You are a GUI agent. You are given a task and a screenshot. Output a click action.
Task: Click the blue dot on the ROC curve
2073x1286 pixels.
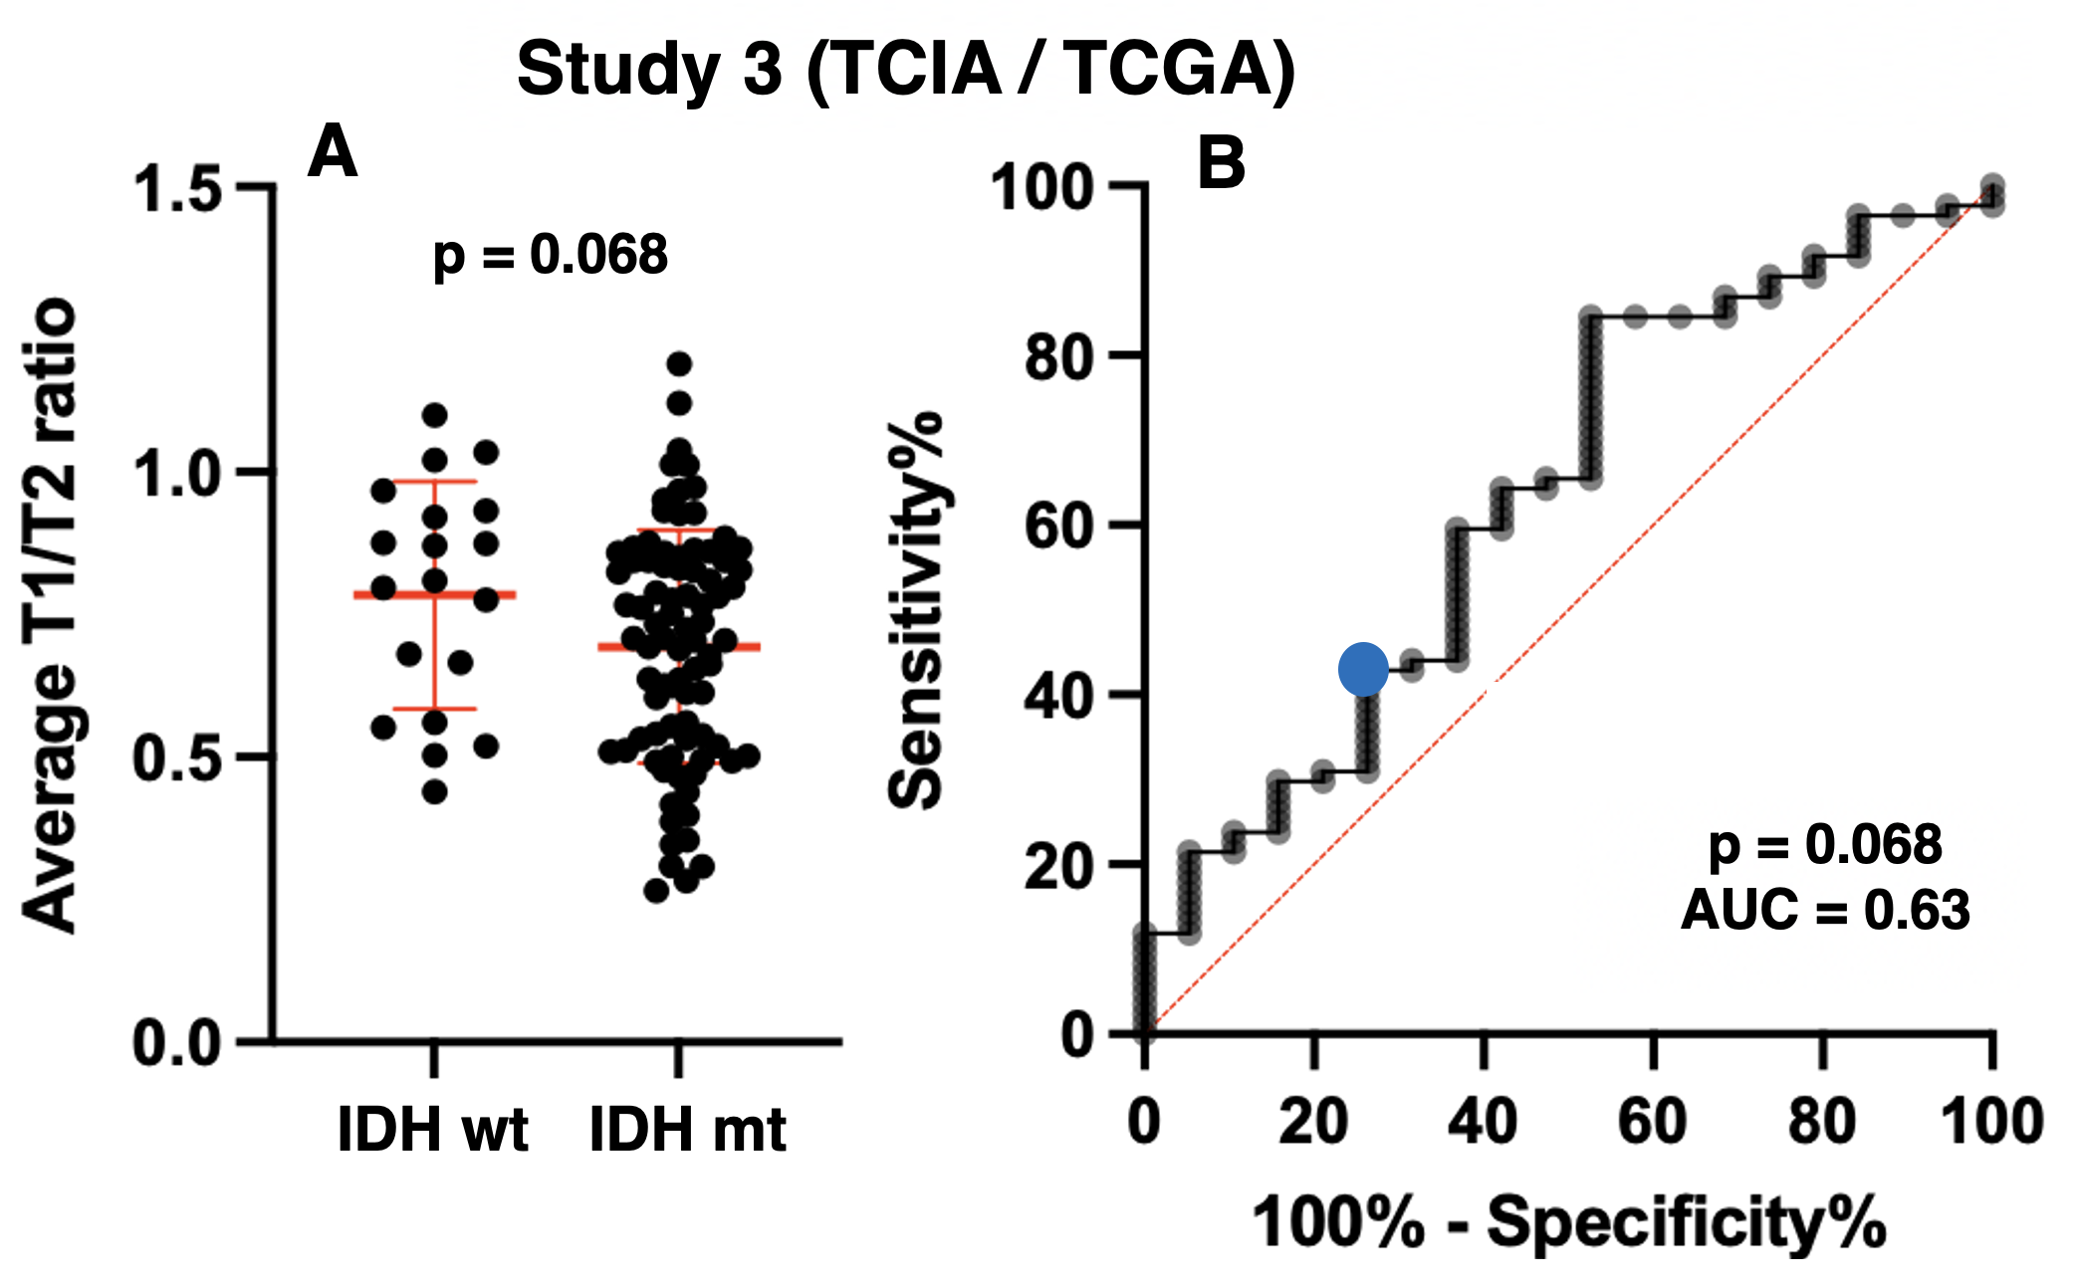[x=1363, y=669]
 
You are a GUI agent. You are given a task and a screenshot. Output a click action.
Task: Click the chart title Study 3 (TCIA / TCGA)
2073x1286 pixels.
[x=906, y=70]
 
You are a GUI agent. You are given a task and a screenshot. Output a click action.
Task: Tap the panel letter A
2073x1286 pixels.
[x=333, y=152]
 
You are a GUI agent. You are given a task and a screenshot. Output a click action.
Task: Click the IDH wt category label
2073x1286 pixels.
[x=433, y=1129]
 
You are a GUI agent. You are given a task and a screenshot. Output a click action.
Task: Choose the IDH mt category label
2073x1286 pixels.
[x=688, y=1129]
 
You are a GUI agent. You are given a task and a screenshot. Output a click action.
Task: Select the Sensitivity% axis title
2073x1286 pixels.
[x=916, y=609]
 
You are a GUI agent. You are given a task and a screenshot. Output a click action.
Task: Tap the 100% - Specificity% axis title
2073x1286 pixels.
[x=1568, y=1221]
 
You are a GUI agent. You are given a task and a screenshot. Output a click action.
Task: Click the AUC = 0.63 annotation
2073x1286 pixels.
[x=1825, y=910]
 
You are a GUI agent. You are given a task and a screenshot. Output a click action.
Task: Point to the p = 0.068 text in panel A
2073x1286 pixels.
[x=550, y=255]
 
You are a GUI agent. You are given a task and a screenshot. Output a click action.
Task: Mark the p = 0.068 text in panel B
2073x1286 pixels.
[x=1825, y=845]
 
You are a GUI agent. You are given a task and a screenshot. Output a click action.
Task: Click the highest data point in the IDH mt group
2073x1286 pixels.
[x=679, y=363]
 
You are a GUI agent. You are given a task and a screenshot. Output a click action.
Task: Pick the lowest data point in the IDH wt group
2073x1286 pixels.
[x=434, y=792]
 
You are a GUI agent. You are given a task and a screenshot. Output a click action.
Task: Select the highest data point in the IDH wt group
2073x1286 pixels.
[x=434, y=414]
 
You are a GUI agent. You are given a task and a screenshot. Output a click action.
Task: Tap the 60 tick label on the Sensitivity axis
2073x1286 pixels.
[x=1059, y=526]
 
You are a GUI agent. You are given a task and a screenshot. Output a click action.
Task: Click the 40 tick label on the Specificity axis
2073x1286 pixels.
[x=1483, y=1121]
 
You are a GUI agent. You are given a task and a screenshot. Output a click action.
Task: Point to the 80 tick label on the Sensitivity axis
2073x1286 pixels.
[x=1059, y=356]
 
